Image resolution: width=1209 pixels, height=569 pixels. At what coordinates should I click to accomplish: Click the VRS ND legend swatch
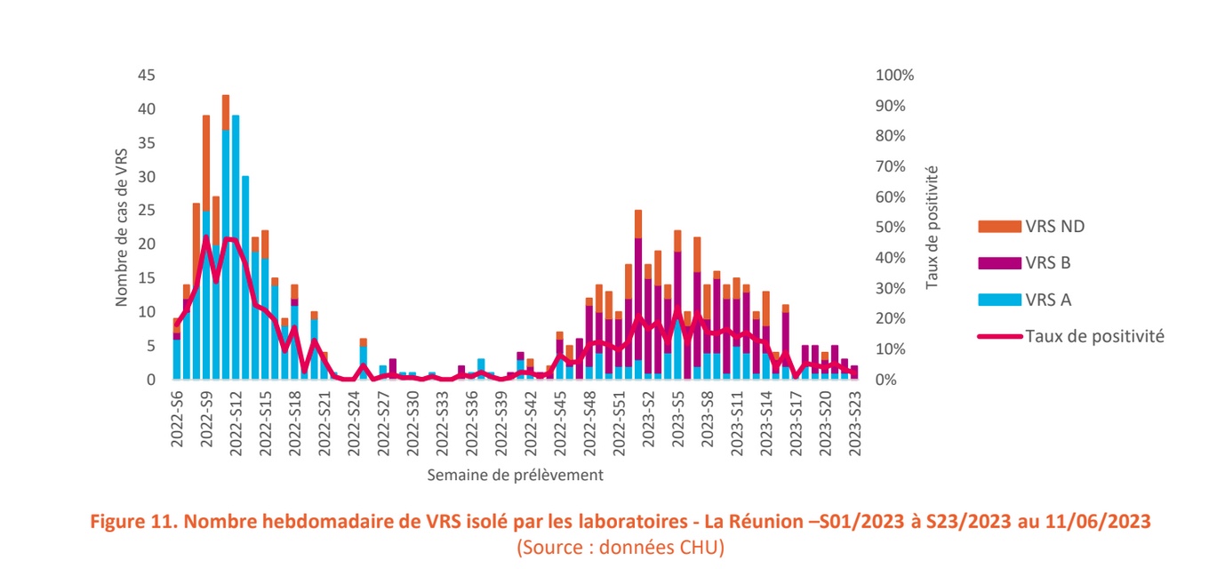click(x=998, y=227)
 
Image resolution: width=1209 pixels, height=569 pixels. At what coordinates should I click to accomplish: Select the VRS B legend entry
click(x=998, y=263)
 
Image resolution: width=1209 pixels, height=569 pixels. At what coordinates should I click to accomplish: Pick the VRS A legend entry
click(x=998, y=300)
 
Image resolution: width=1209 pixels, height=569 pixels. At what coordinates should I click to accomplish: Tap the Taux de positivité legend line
click(x=998, y=336)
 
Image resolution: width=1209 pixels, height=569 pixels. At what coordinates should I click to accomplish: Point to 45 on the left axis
click(x=147, y=76)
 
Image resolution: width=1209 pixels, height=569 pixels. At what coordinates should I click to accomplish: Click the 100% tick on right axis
click(x=894, y=76)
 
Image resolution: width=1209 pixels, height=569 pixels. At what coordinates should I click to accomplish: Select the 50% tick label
click(x=891, y=228)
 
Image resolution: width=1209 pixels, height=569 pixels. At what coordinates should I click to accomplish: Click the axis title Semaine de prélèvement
click(x=515, y=475)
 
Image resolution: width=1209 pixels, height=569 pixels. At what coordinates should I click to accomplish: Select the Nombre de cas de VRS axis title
click(x=123, y=228)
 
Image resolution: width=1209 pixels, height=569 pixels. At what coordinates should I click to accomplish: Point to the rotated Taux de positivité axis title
click(x=932, y=227)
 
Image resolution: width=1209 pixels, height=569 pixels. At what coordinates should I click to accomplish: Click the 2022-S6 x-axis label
click(x=177, y=425)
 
